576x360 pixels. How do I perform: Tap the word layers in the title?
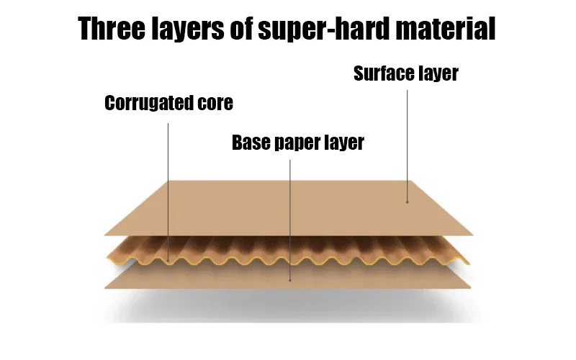(191, 30)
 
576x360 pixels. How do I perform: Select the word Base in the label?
(249, 143)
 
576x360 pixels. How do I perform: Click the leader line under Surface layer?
(408, 144)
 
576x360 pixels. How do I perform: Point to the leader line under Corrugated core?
(168, 187)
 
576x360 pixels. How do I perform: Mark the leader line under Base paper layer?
(289, 216)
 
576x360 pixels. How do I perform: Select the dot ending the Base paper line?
(289, 279)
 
